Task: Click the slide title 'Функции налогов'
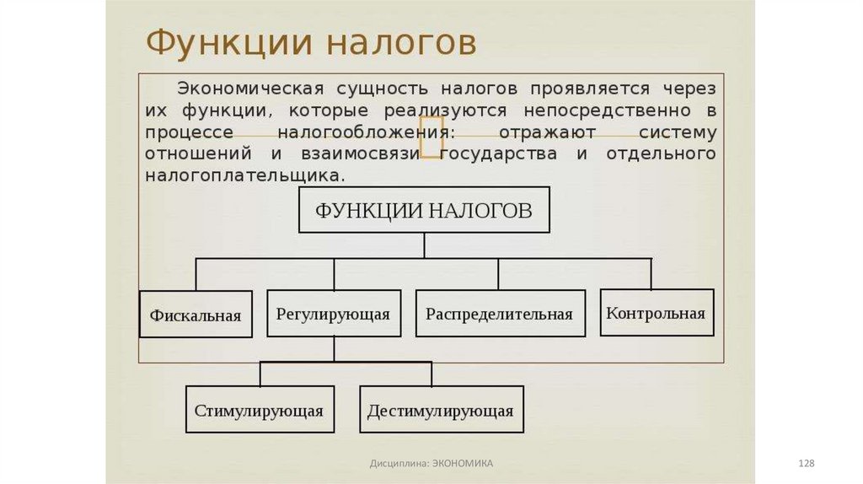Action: click(311, 43)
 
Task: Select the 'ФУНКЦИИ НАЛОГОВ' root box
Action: click(424, 210)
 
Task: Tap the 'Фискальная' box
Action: click(196, 315)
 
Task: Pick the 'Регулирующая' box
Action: click(333, 315)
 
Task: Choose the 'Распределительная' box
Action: click(499, 315)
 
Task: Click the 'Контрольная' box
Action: click(656, 313)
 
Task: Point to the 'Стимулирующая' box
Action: click(260, 411)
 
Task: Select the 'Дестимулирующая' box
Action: click(441, 411)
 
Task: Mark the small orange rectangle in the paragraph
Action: click(431, 137)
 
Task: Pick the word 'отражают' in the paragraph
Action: click(547, 132)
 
